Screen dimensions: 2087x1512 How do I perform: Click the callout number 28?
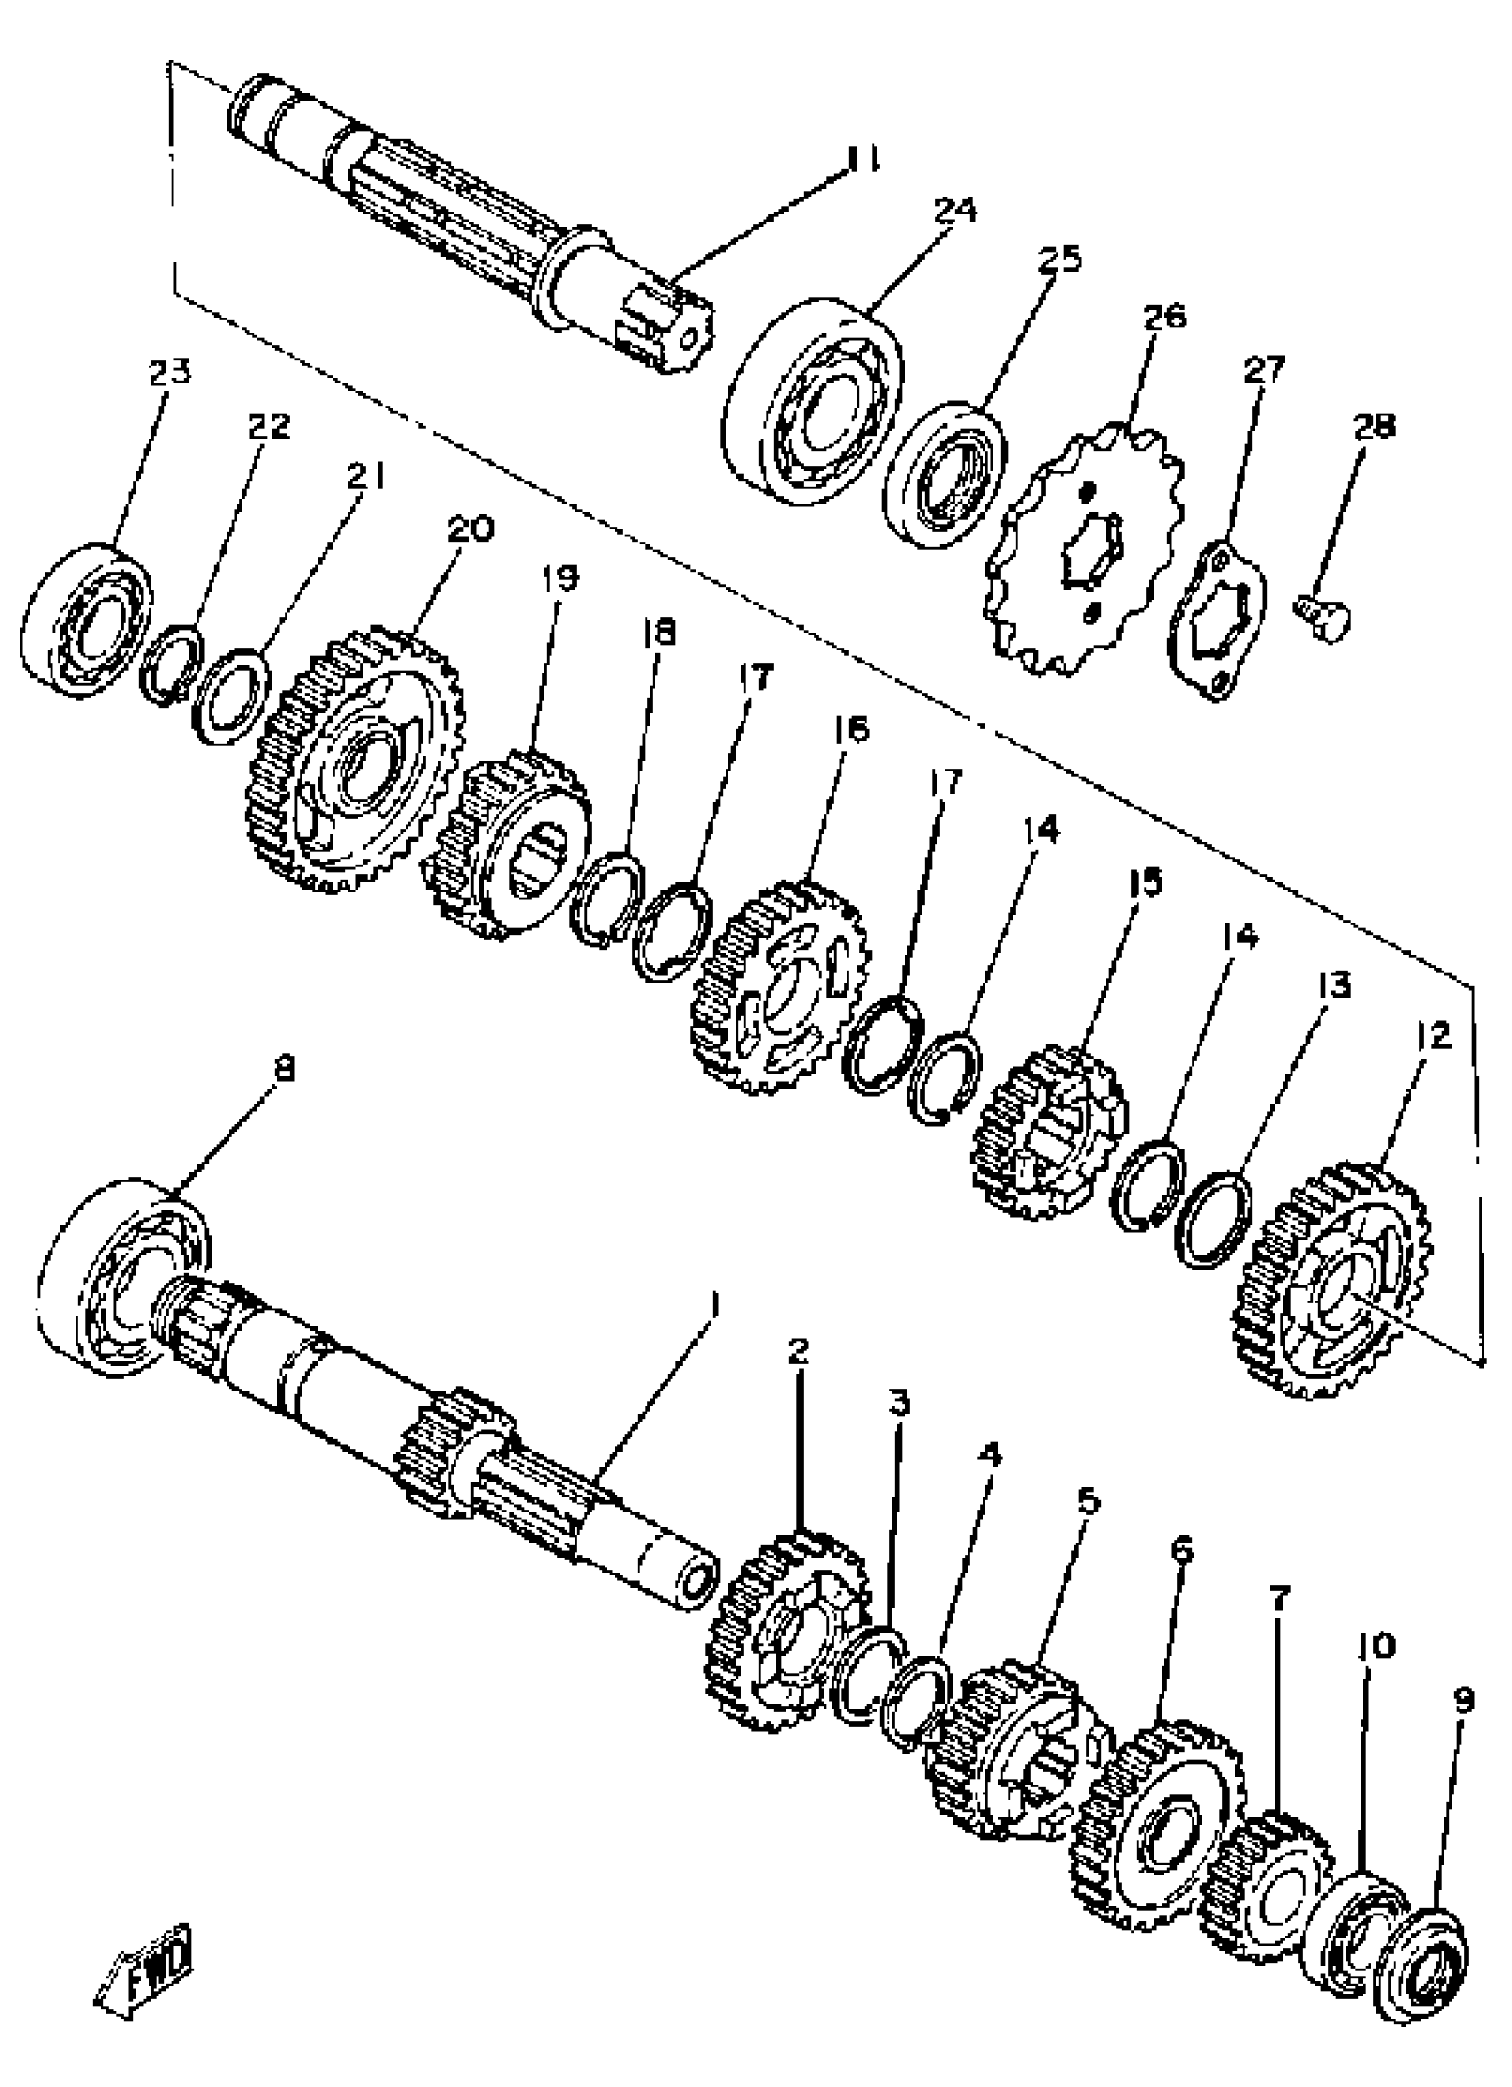(1372, 427)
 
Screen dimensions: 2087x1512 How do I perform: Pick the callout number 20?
(470, 529)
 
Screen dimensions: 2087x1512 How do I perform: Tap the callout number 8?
(286, 1068)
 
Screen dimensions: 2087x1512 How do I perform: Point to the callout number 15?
(1145, 882)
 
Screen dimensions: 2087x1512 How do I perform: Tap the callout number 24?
(954, 210)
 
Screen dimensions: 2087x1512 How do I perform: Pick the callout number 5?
(1087, 1502)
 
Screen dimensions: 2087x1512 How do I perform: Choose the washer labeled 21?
(231, 695)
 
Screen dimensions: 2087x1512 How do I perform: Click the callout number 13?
(1333, 985)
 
